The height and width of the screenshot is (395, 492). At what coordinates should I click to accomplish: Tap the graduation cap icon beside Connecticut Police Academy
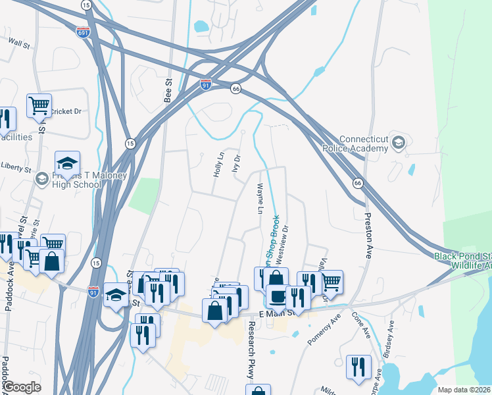coord(397,142)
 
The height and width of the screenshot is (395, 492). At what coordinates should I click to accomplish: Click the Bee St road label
coord(167,91)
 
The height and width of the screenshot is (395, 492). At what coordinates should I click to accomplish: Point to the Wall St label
coord(19,44)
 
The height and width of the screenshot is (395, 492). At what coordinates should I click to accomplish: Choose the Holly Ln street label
coord(218,164)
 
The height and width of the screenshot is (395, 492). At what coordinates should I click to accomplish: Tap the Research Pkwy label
coord(251,352)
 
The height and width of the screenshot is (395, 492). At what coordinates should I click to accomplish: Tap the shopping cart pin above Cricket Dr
coord(39,105)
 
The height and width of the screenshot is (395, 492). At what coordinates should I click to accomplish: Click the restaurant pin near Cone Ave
coord(358,367)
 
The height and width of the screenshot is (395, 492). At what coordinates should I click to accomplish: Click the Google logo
coord(22,388)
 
